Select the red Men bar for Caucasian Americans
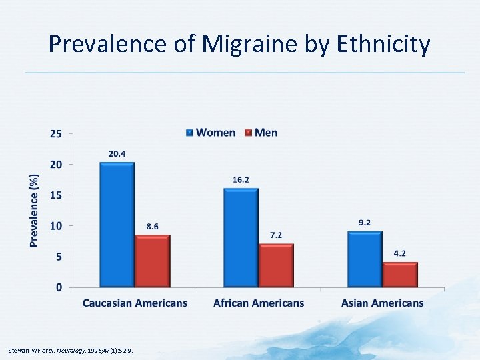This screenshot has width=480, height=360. pyautogui.click(x=152, y=261)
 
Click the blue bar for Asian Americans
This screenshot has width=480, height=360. pyautogui.click(x=365, y=259)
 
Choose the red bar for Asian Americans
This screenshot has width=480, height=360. pyautogui.click(x=400, y=275)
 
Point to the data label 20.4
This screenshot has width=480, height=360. pyautogui.click(x=117, y=154)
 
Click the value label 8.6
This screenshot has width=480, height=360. pyautogui.click(x=152, y=227)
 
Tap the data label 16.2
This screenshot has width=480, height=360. pyautogui.click(x=241, y=180)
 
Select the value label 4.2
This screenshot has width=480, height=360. pyautogui.click(x=400, y=253)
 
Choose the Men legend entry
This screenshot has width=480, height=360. pyautogui.click(x=261, y=133)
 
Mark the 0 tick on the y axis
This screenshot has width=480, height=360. pyautogui.click(x=59, y=287)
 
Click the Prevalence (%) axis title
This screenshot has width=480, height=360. pyautogui.click(x=34, y=210)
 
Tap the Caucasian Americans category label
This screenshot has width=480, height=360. pyautogui.click(x=135, y=303)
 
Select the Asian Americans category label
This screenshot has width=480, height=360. pyautogui.click(x=382, y=303)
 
